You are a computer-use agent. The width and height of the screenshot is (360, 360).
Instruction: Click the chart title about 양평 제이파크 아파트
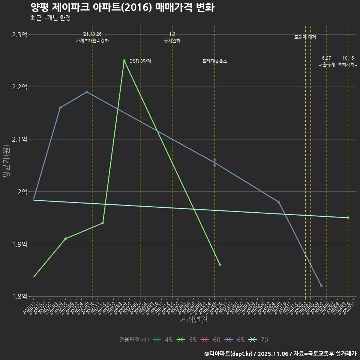click(122, 7)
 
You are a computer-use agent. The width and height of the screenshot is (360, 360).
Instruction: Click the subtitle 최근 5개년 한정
click(50, 18)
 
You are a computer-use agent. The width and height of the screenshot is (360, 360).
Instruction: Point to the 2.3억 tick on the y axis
click(19, 34)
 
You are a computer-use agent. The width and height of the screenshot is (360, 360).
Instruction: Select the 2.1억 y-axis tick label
click(19, 139)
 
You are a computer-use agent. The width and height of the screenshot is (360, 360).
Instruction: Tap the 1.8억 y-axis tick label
click(19, 297)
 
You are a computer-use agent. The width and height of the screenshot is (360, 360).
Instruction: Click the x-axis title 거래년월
click(193, 320)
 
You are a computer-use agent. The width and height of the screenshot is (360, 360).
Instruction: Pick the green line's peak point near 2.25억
click(124, 61)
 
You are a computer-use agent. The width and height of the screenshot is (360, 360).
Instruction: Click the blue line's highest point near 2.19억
click(87, 92)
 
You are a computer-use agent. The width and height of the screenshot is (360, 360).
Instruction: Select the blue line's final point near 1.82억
click(321, 286)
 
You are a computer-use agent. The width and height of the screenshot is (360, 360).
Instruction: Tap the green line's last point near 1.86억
click(220, 265)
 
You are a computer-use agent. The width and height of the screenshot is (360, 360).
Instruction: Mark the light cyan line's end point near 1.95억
click(348, 218)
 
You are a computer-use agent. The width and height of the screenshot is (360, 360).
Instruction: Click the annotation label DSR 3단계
click(140, 61)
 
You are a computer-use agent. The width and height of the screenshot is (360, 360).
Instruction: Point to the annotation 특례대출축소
click(215, 61)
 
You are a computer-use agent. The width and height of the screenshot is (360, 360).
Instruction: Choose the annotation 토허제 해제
click(305, 37)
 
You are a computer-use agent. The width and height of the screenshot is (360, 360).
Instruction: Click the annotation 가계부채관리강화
click(92, 40)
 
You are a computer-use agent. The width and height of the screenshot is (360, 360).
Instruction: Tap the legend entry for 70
click(259, 340)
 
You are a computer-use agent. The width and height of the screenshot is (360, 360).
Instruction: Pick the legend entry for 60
click(211, 340)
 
